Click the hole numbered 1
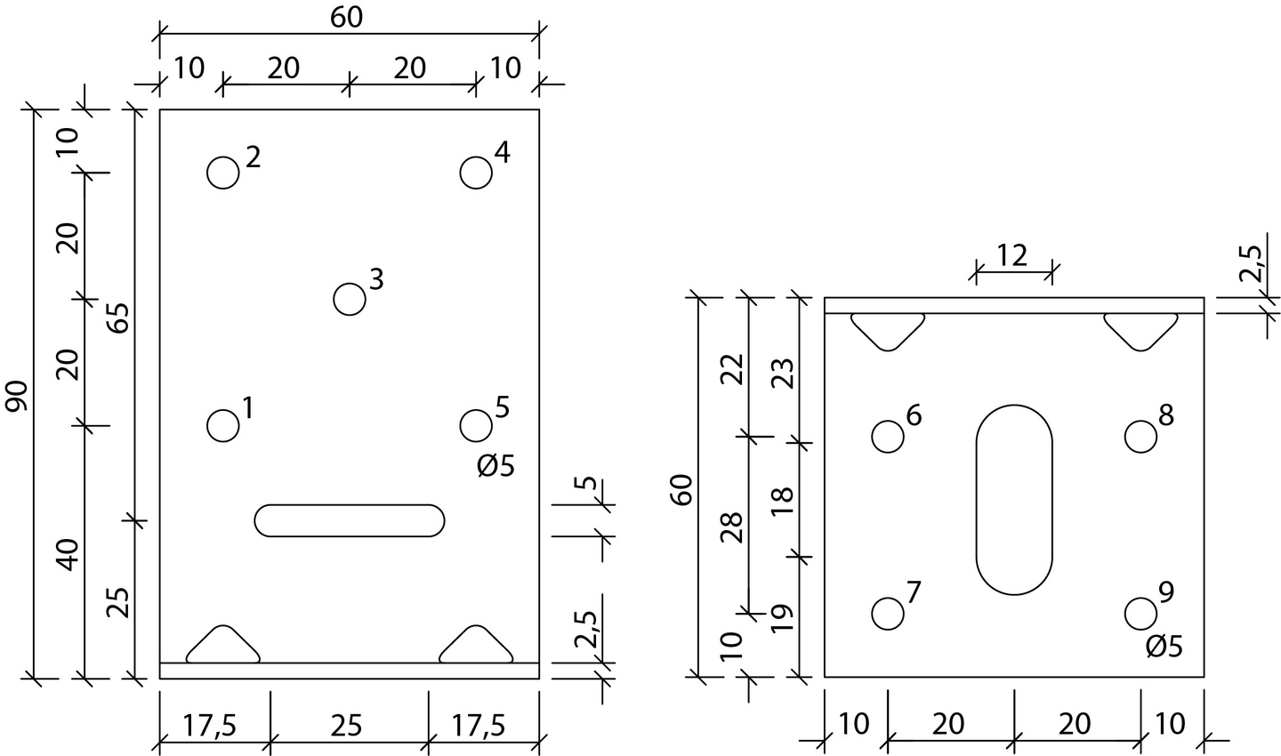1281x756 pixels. [x=223, y=425]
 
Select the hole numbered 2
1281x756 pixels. [x=223, y=173]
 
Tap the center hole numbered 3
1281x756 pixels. [x=350, y=299]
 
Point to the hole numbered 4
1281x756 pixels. [x=476, y=173]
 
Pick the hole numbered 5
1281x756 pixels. [x=476, y=425]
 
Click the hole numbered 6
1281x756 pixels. [x=888, y=436]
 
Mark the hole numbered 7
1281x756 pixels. [x=888, y=613]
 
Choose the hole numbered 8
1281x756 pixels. [x=1140, y=436]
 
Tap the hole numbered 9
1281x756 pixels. [x=1140, y=613]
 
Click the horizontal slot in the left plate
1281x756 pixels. [x=350, y=520]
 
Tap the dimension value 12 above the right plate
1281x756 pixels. [x=1012, y=255]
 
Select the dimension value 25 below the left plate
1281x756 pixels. [x=347, y=726]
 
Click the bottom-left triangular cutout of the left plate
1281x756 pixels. [x=222, y=647]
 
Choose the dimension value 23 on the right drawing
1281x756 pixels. [x=784, y=374]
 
